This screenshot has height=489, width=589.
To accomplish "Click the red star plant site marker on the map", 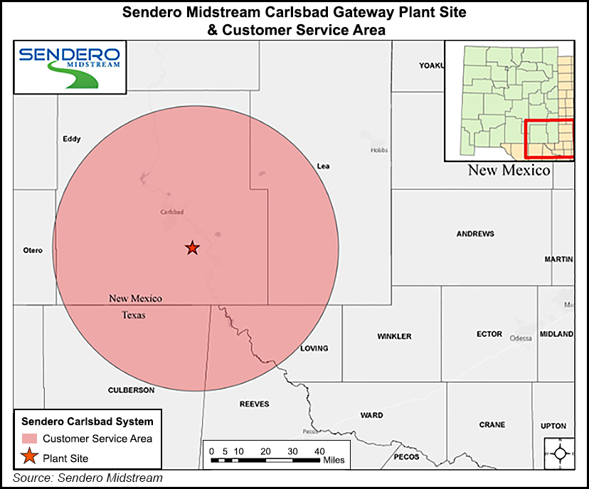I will point(192,248).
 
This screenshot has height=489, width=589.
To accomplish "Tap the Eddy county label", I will point(72,139).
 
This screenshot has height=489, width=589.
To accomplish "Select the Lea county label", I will point(323,166).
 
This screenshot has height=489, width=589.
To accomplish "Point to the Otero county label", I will point(33,250).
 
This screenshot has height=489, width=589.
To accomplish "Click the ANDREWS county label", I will point(476,234).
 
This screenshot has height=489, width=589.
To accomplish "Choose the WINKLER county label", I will point(395,335).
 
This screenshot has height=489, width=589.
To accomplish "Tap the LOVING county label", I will point(314,348).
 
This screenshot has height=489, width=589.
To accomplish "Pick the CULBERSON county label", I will point(131,390).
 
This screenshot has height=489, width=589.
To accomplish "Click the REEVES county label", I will point(254,404).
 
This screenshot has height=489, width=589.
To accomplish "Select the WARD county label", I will point(371,415).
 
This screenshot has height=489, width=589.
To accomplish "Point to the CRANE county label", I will point(492,425).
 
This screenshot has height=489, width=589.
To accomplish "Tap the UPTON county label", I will point(553,426).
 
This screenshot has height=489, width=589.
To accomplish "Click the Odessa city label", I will point(521,338).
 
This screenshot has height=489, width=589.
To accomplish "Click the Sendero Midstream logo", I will point(70,66).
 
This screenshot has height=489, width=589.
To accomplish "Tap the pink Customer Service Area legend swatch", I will point(31,439).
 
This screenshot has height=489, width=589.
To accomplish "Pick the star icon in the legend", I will point(31,457).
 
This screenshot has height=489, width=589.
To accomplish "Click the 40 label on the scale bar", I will point(319,451).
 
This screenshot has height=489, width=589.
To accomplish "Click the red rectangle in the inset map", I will point(550,139).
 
